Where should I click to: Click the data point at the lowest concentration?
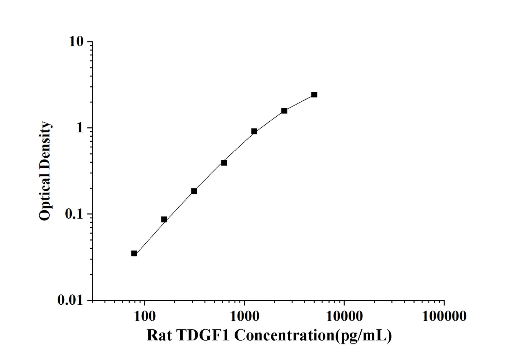pos(134,253)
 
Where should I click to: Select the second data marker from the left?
pos(164,219)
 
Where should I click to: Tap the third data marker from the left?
pos(194,191)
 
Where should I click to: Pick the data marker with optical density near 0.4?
pos(224,163)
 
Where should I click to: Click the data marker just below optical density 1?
pos(254,131)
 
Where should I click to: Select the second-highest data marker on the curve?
pos(284,111)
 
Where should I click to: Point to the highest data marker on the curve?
pos(314,95)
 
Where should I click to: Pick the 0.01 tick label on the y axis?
pos(70,300)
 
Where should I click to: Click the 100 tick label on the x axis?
pos(144,316)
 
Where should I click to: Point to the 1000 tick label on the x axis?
pos(244,316)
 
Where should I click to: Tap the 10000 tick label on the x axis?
pos(344,316)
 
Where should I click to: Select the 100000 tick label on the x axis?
pos(444,316)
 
